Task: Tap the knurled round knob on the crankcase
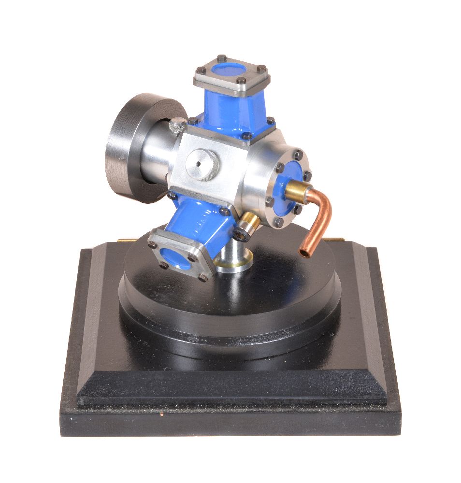[x=202, y=165]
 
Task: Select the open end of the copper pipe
[x=305, y=252]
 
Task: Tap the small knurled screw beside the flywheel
[x=178, y=127]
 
